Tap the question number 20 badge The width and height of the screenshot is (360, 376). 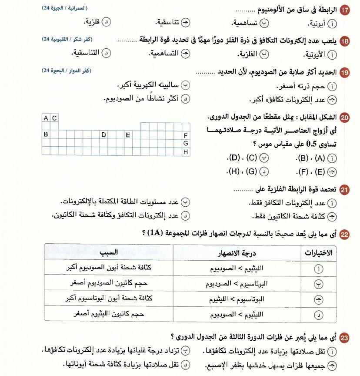[345, 118]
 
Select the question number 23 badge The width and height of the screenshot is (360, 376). [345, 338]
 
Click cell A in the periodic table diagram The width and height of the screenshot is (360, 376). [46, 118]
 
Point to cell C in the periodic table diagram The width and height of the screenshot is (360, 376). [54, 118]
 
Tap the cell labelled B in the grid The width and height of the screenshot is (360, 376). [46, 135]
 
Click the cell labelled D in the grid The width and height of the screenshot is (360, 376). [103, 135]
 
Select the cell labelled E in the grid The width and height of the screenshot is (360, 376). [128, 135]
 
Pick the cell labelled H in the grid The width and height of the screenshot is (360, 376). [186, 151]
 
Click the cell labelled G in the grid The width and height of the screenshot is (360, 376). [186, 143]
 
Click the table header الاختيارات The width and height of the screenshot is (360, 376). [320, 252]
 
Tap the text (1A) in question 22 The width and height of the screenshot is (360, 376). [155, 232]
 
